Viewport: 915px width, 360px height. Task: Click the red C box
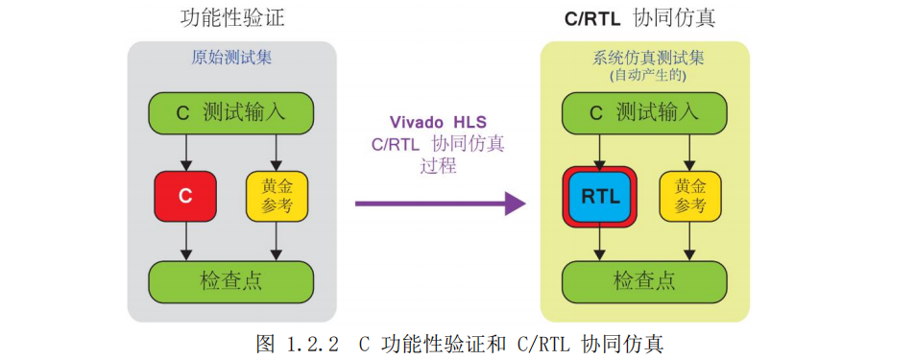pyautogui.click(x=185, y=196)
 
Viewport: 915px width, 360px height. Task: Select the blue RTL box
pyautogui.click(x=600, y=197)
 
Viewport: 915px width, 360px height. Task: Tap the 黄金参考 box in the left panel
pyautogui.click(x=277, y=196)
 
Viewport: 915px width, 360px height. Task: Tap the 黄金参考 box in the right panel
pyautogui.click(x=689, y=196)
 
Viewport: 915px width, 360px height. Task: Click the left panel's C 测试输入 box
pyautogui.click(x=230, y=113)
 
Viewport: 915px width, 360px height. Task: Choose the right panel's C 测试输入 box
pyautogui.click(x=644, y=113)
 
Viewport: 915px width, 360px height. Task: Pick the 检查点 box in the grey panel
pyautogui.click(x=230, y=280)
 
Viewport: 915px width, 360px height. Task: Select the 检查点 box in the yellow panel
pyautogui.click(x=644, y=280)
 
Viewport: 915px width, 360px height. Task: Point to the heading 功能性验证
pyautogui.click(x=232, y=17)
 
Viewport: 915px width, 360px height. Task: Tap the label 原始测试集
pyautogui.click(x=231, y=57)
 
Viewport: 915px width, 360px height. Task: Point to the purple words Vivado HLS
pyautogui.click(x=438, y=122)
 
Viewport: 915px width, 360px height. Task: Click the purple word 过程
pyautogui.click(x=438, y=166)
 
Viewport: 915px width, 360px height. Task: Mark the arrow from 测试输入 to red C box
pyautogui.click(x=185, y=152)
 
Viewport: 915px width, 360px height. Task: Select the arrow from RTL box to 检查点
pyautogui.click(x=600, y=243)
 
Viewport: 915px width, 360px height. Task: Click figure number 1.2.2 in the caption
pyautogui.click(x=311, y=344)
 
